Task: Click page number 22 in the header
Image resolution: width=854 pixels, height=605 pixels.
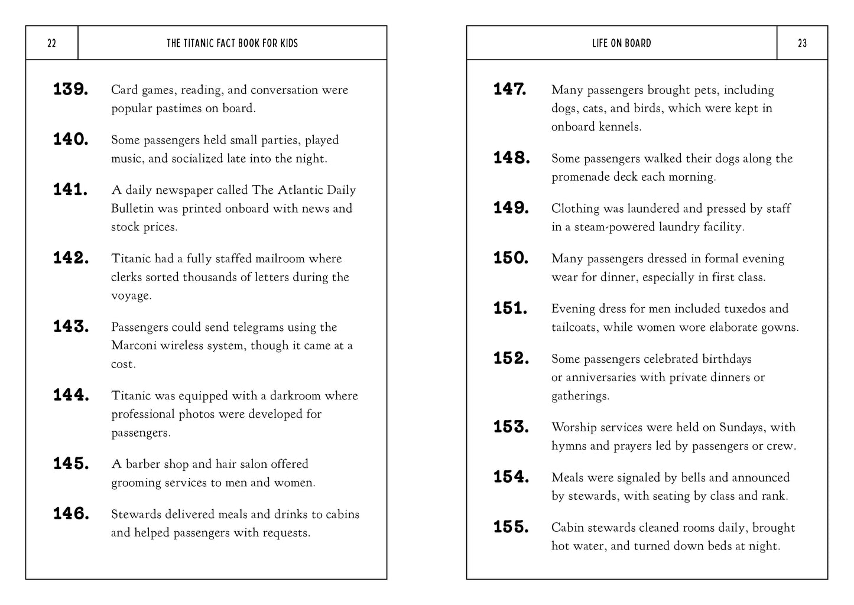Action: tap(51, 43)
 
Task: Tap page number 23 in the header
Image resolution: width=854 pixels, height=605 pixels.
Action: tap(802, 43)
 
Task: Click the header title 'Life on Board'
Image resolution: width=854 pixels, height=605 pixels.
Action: tap(621, 43)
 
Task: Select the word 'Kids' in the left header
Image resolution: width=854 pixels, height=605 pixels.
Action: tap(288, 43)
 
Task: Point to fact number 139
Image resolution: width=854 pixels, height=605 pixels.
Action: tap(71, 89)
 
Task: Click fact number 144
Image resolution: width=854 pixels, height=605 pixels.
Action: tap(71, 395)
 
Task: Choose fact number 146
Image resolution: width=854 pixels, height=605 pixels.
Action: tap(71, 513)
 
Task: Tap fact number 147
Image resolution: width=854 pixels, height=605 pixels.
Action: tap(510, 89)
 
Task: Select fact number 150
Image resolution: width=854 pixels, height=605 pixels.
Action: tap(511, 258)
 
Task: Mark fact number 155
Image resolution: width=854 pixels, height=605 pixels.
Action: tap(511, 526)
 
